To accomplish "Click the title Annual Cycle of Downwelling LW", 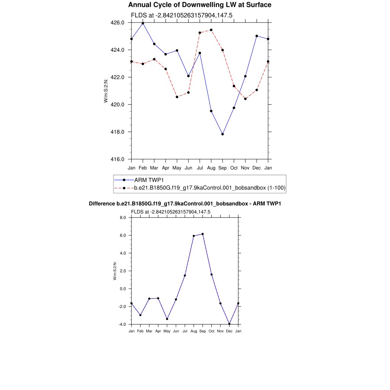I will pyautogui.click(x=200, y=5).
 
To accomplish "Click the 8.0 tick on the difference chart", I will pyautogui.click(x=123, y=217).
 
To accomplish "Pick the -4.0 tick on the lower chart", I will pyautogui.click(x=123, y=324).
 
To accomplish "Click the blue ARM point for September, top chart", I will pyautogui.click(x=222, y=134).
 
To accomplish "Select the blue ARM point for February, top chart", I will pyautogui.click(x=143, y=23).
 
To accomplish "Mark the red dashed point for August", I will pyautogui.click(x=211, y=30).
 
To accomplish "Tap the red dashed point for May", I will pyautogui.click(x=177, y=97).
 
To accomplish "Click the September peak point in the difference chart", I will pyautogui.click(x=203, y=234).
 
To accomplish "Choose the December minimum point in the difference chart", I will pyautogui.click(x=229, y=324).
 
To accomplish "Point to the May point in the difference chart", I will pyautogui.click(x=167, y=319).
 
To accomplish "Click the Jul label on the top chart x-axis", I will pyautogui.click(x=200, y=168).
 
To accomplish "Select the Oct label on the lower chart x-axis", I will pyautogui.click(x=211, y=331).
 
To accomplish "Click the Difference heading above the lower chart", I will pyautogui.click(x=185, y=204).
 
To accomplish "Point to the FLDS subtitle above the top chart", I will pyautogui.click(x=182, y=16).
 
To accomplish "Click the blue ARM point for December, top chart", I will pyautogui.click(x=257, y=36).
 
